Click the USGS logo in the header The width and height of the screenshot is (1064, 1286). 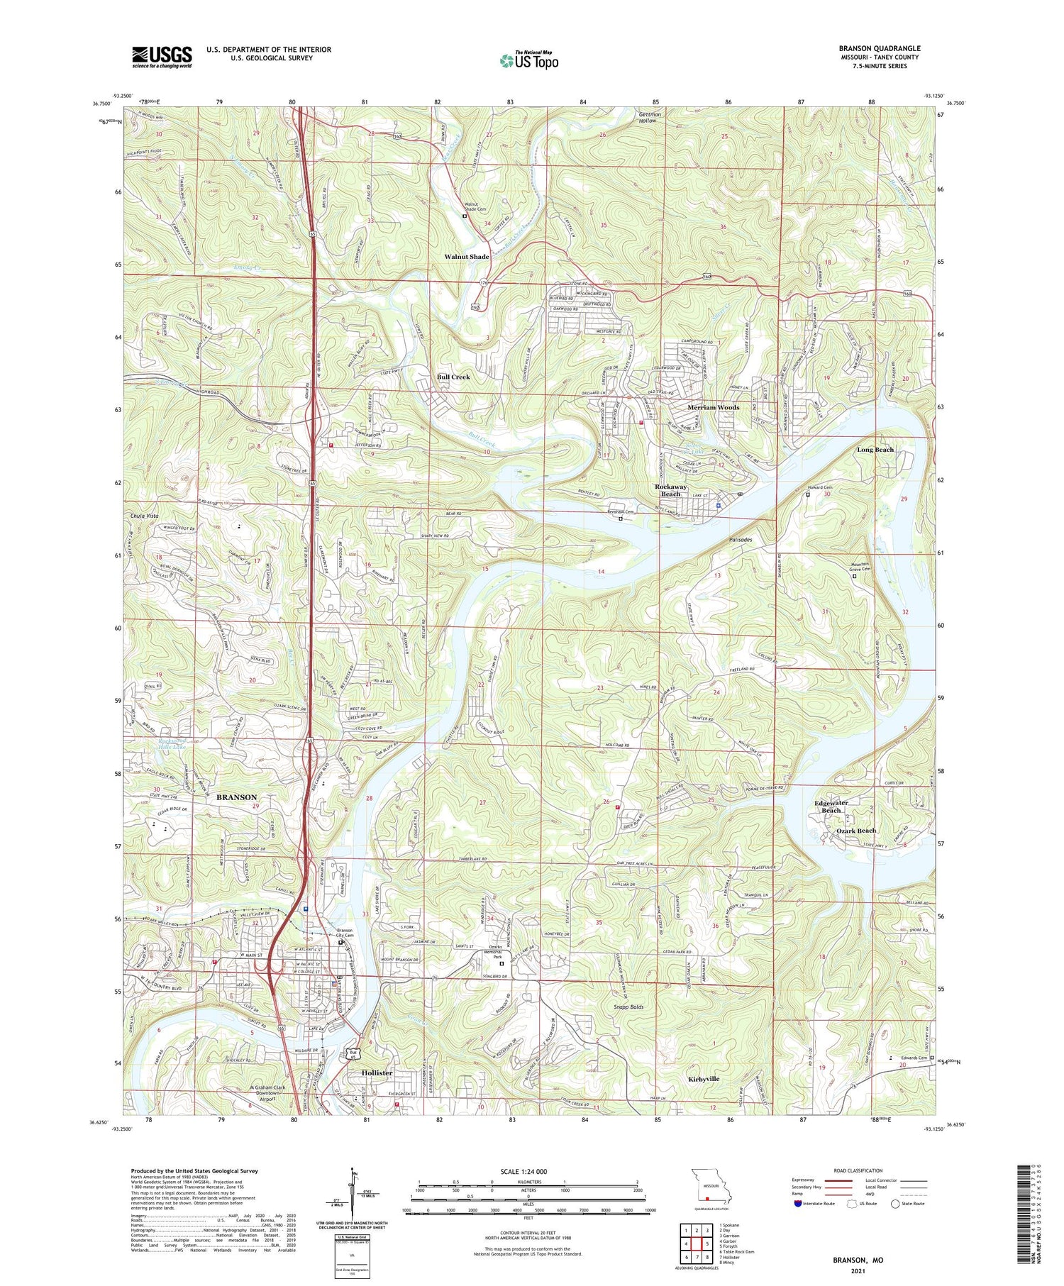click(162, 57)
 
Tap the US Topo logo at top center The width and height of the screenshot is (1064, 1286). click(529, 61)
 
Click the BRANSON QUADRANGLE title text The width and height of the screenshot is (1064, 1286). click(880, 49)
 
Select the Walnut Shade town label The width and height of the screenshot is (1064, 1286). click(466, 257)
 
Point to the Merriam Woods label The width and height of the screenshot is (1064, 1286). click(713, 408)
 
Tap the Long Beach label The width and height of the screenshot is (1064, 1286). click(875, 450)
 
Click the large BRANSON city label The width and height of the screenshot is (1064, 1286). click(236, 797)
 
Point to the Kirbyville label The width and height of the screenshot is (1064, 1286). click(704, 1079)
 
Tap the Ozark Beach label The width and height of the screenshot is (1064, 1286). click(855, 831)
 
